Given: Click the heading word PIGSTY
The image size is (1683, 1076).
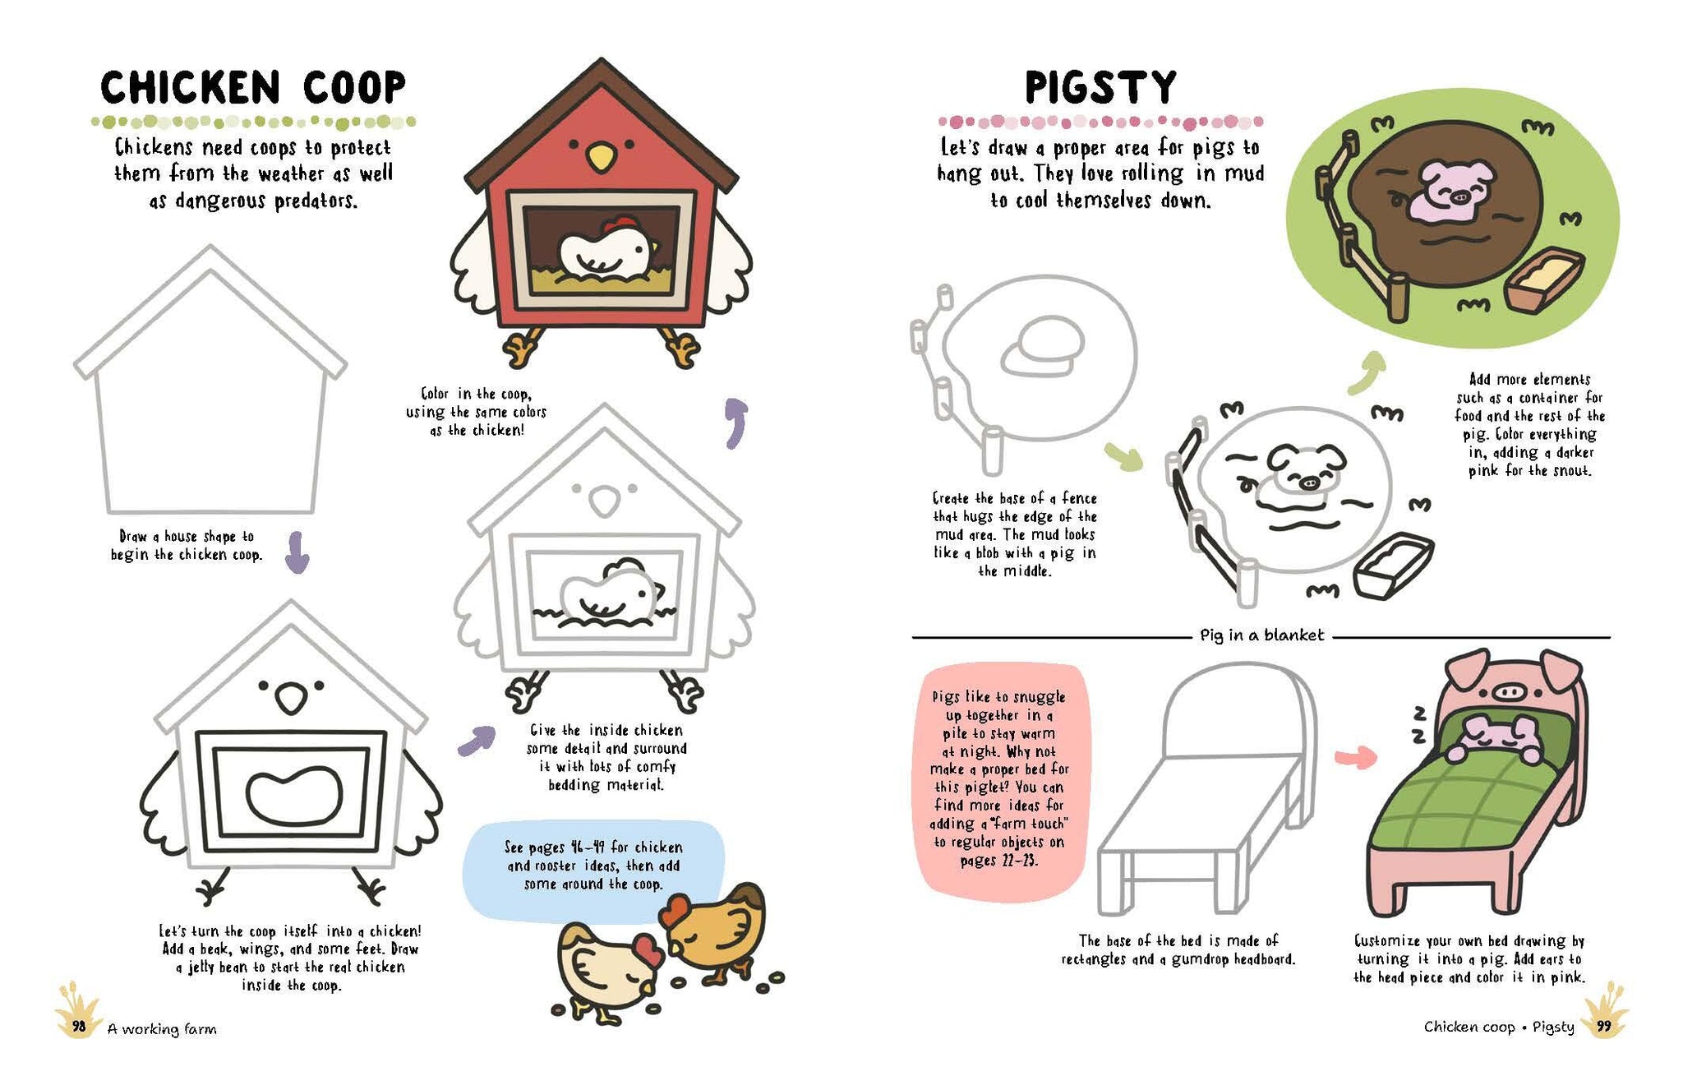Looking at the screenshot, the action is click(x=1100, y=87).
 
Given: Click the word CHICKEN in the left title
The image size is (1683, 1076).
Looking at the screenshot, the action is click(x=191, y=87).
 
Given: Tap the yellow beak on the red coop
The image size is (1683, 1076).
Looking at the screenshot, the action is click(x=601, y=156).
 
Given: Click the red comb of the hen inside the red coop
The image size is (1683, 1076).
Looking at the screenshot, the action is click(x=619, y=224).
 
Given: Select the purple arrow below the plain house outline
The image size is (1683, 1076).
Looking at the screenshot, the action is click(x=297, y=552).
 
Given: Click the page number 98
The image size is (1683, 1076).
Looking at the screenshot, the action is click(x=79, y=1026).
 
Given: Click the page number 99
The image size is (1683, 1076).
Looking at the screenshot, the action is click(x=1603, y=1026).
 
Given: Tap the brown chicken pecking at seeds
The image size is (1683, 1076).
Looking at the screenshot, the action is click(x=714, y=931).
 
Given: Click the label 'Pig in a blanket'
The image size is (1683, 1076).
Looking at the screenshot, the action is click(x=1262, y=635).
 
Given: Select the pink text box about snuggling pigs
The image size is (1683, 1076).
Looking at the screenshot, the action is click(x=1000, y=779).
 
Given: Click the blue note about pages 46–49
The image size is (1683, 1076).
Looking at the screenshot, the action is click(x=594, y=866).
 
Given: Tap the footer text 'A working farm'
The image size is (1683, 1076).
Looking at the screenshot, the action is click(x=162, y=1028).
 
